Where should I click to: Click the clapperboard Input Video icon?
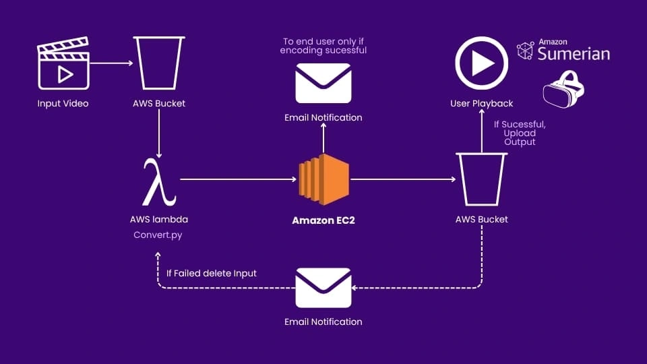click(63, 65)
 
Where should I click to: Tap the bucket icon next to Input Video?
click(159, 61)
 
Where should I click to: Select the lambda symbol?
click(159, 182)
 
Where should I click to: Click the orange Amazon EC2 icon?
click(323, 179)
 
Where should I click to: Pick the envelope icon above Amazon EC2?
click(323, 83)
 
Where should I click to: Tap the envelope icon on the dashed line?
click(323, 287)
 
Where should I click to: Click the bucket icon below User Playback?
click(481, 179)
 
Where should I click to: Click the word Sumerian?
click(574, 54)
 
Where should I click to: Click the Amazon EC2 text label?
click(323, 220)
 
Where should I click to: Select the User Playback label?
click(481, 103)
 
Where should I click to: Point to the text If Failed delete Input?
click(211, 273)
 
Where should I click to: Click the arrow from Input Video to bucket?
click(111, 63)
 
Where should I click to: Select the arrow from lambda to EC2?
click(239, 179)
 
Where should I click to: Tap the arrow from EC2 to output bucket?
click(403, 179)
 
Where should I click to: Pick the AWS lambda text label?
click(158, 219)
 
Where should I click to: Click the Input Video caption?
click(63, 103)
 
